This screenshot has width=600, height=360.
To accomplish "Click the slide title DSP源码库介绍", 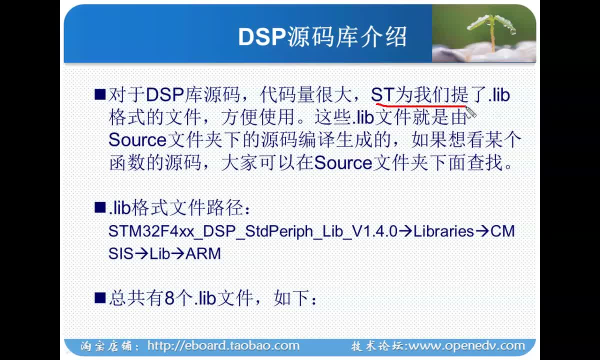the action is pos(322,36).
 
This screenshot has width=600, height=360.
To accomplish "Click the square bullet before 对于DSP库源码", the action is pos(100,94).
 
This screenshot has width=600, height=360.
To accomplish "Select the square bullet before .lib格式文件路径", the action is pos(100,207).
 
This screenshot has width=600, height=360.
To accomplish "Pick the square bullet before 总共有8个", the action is pos(100,297).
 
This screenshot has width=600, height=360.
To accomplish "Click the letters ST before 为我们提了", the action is pos(382,95).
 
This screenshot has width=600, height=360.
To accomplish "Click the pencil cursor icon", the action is pos(471,111).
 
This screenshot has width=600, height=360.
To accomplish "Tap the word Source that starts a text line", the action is pos(137,140).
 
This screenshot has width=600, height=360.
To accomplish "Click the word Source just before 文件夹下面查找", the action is pos(343,162).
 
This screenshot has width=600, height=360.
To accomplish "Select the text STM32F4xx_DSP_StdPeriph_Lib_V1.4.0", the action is pos(253,231).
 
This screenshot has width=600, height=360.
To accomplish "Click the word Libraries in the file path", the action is pos(443,231).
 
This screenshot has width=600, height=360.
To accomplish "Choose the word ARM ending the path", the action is pos(203,253).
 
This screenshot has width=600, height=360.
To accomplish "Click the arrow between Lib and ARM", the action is pos(177,253).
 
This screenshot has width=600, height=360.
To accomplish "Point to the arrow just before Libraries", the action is pos(405,231).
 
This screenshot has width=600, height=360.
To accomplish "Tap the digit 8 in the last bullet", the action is pos(169,298).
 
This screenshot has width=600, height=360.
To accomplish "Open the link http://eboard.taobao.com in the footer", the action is pos(223,345).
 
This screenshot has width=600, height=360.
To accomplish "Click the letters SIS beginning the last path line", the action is pos(121,253).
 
